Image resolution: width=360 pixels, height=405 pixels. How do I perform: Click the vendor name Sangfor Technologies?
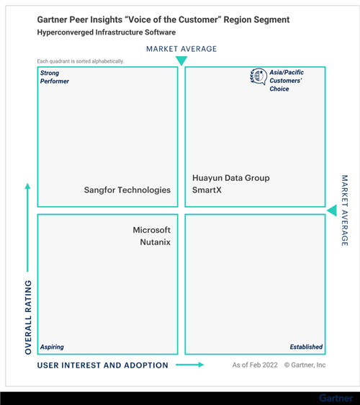click(x=127, y=190)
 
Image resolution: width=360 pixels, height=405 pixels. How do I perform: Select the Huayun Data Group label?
click(x=231, y=178)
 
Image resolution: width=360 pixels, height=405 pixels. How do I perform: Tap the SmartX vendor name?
click(x=207, y=190)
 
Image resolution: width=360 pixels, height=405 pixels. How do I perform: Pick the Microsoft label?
click(x=151, y=230)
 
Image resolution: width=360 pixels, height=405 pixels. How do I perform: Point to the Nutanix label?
click(x=155, y=242)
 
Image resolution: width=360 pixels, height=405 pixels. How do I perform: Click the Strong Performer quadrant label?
click(x=55, y=77)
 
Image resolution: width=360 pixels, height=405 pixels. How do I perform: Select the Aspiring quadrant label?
click(x=52, y=347)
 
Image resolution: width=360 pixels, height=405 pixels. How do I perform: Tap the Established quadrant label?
click(x=306, y=347)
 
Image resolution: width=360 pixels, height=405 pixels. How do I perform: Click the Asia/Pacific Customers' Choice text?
click(x=287, y=81)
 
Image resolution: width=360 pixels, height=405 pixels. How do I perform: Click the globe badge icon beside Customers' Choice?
click(x=258, y=76)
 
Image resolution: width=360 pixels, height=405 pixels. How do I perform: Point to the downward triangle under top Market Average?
click(x=181, y=61)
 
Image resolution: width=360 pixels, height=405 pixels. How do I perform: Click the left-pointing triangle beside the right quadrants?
click(x=332, y=210)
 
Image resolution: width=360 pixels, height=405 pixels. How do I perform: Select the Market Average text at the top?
click(x=181, y=49)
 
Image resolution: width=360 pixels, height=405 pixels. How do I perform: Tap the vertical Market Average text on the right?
click(x=345, y=210)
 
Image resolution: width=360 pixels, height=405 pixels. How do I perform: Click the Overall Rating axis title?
click(x=28, y=317)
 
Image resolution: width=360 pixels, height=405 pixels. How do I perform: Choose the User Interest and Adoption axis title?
click(x=103, y=365)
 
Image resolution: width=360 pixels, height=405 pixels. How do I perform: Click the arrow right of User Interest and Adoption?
click(x=189, y=365)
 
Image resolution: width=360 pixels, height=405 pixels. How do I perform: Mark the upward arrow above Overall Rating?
click(x=27, y=227)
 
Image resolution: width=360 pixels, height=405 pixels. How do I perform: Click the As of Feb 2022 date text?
click(x=255, y=365)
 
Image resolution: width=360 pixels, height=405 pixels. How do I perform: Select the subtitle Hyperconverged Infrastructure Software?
click(x=107, y=32)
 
